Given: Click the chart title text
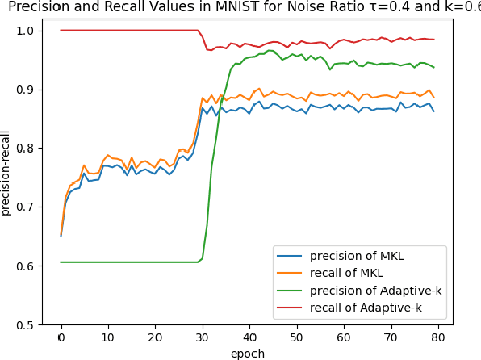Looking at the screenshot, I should pyautogui.click(x=240, y=7).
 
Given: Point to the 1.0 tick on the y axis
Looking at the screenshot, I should pyautogui.click(x=27, y=31).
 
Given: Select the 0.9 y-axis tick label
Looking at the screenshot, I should pyautogui.click(x=27, y=90).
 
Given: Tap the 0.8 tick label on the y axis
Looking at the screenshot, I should pyautogui.click(x=27, y=149).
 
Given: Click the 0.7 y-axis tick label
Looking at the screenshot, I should pyautogui.click(x=27, y=207).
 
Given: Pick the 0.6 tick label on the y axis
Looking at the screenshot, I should pyautogui.click(x=27, y=266).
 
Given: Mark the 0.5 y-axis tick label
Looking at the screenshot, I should pyautogui.click(x=27, y=324).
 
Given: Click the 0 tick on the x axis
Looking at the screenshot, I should pyautogui.click(x=61, y=337).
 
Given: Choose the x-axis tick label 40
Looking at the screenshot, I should pyautogui.click(x=249, y=337).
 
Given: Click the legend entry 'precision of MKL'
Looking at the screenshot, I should pyautogui.click(x=357, y=257).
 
